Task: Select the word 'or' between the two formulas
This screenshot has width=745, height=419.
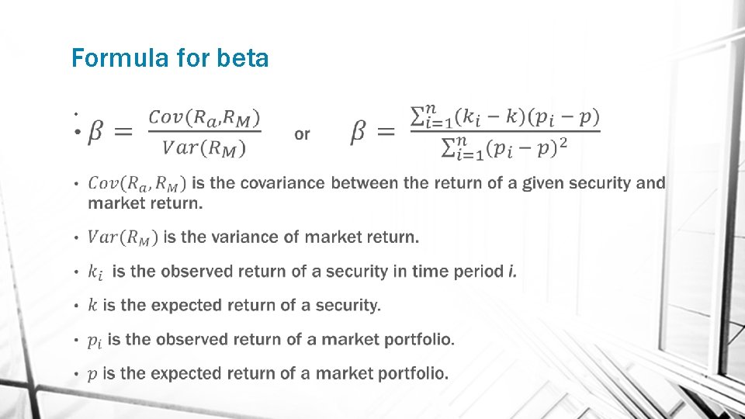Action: point(302,134)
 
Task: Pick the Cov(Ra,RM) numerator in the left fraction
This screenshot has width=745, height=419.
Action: point(204,117)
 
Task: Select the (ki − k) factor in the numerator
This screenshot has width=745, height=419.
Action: point(484,117)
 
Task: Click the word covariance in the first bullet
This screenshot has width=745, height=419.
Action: point(283,183)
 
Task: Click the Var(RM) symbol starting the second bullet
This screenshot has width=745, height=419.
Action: point(123,237)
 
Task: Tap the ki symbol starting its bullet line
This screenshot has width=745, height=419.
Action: point(95,272)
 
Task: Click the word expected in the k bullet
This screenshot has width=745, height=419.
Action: point(186,305)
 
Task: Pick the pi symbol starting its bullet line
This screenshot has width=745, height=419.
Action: point(94,340)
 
